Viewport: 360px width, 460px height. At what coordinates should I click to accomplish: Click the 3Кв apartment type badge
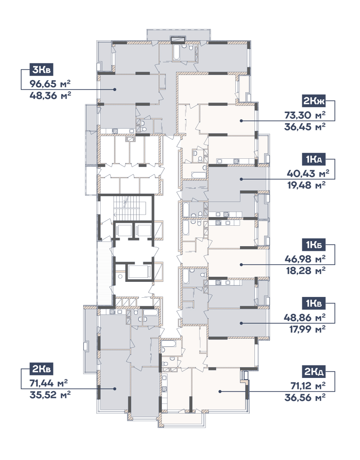coord(41,69)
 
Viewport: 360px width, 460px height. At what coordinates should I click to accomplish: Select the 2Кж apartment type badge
coord(314,101)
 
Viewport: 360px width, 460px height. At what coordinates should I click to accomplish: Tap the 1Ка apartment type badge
coord(314,159)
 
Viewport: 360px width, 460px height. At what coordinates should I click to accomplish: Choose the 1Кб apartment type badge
coord(314,245)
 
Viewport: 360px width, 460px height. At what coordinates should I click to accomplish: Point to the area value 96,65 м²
coord(50,84)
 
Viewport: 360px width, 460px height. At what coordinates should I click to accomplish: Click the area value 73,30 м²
coord(305,115)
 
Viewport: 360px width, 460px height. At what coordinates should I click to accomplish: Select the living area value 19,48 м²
coord(306,185)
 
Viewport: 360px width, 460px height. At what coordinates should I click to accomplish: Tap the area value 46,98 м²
coord(305,259)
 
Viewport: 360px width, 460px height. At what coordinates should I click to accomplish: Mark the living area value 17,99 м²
coord(307,329)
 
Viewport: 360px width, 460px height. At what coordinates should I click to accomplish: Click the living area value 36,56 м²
coord(305,398)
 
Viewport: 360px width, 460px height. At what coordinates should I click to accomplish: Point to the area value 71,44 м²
coord(49,383)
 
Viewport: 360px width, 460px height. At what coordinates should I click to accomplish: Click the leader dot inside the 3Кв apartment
coord(115,90)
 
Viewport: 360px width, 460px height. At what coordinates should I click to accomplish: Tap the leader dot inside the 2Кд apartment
coord(220,392)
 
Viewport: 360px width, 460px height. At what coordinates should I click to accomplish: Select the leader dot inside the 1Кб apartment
coord(241,265)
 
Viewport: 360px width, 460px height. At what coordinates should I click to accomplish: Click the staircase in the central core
coord(130,208)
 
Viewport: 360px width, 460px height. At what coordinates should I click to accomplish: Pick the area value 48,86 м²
coord(305,317)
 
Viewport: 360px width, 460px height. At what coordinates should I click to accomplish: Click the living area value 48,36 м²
coord(50,95)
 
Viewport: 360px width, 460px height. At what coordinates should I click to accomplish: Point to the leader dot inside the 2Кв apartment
coord(115,389)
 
